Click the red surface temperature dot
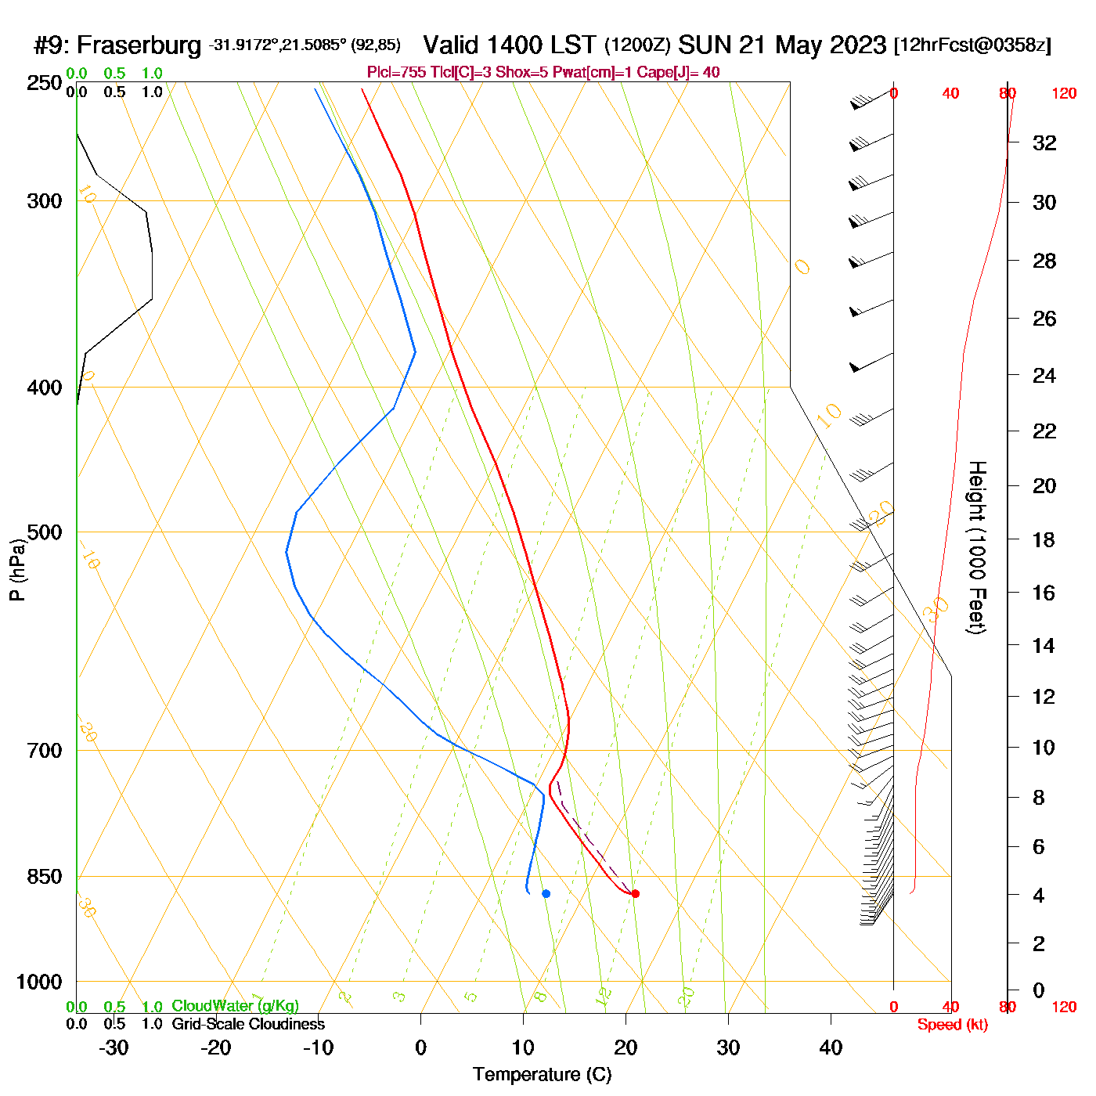coord(635,893)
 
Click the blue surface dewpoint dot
coord(546,893)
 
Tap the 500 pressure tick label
coord(45,532)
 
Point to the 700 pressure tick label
coord(45,751)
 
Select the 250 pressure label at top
coord(45,83)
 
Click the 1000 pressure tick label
coord(39,982)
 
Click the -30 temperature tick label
coord(114,1047)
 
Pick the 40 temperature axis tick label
coord(831,1047)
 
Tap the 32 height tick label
coord(1044,142)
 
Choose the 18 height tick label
coord(1044,539)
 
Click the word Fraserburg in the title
coord(139,45)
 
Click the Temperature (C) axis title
coord(542,1075)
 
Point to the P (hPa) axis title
coord(17,569)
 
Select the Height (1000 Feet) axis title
coord(977,547)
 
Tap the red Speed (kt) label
coord(952,1025)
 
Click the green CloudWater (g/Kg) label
coord(235,1006)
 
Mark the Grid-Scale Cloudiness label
coord(248,1024)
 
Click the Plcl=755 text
coord(396,73)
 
